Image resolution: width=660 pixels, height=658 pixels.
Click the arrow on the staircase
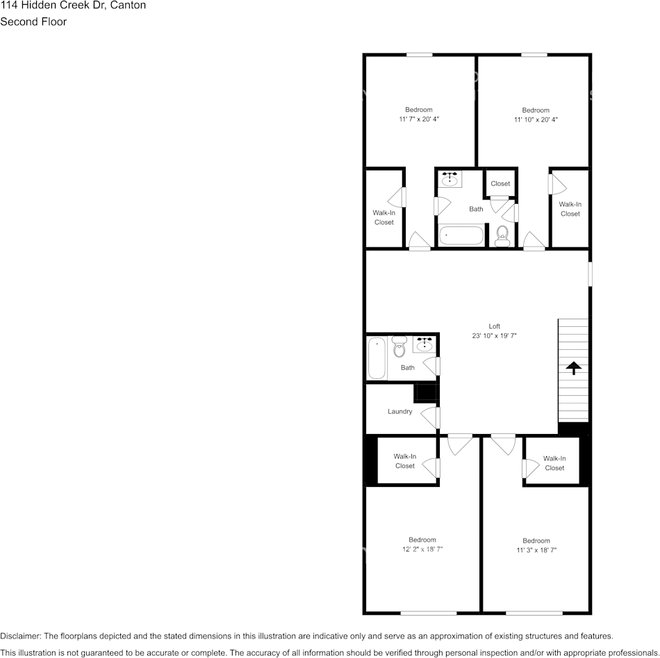point(574,368)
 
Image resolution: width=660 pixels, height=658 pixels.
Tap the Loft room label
point(494,326)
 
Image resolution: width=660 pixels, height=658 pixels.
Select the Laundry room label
point(400,412)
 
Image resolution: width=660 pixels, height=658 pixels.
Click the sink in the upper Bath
point(450,179)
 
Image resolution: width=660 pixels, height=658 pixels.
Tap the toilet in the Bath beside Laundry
point(399,346)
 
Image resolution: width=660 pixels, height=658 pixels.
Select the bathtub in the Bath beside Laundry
point(377,358)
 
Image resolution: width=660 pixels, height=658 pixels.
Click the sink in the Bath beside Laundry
point(424,343)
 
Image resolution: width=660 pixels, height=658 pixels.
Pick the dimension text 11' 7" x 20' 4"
point(419,120)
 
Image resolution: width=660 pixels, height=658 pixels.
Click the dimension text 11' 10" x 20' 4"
point(536,120)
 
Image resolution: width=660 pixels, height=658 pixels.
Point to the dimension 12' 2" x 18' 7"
point(422,549)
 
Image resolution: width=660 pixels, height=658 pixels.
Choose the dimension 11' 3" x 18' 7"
point(536,550)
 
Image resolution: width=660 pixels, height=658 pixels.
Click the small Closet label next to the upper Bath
point(500,184)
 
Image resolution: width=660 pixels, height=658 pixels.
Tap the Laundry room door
point(434,418)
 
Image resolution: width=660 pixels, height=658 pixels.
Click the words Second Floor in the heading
point(33,22)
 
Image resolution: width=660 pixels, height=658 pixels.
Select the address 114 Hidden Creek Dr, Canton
point(73,5)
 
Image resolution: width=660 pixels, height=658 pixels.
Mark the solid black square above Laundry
point(424,393)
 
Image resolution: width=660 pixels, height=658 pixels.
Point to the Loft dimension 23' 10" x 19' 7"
point(494,335)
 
